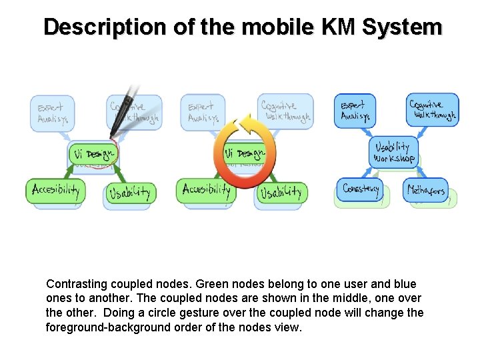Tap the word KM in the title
coord(339,27)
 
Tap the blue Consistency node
coord(361,189)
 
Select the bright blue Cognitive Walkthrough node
coord(432,109)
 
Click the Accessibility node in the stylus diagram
coord(56,190)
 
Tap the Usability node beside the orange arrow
coord(281,193)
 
